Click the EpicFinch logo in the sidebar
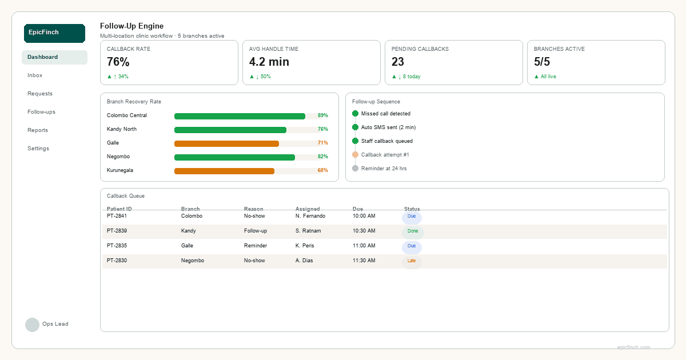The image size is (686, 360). (54, 33)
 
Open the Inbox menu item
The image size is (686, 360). (35, 75)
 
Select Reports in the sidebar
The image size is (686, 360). (38, 130)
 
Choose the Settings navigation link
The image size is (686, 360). (38, 149)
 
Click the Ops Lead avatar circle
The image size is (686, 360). (32, 325)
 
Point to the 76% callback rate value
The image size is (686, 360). (118, 62)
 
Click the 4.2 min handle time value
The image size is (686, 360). (269, 62)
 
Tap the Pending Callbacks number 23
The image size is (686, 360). (398, 62)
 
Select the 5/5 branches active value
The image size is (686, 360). (542, 62)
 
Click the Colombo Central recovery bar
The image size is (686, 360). (240, 116)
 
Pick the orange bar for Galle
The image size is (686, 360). (226, 143)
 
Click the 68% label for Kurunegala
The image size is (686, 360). (322, 171)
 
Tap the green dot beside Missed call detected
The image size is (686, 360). (355, 114)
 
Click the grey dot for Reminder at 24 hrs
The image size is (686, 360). (355, 169)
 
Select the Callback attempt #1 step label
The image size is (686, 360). (385, 155)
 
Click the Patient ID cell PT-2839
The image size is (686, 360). (117, 231)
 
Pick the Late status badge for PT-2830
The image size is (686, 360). (412, 261)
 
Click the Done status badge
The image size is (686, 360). (412, 231)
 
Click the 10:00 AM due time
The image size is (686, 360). (364, 216)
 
